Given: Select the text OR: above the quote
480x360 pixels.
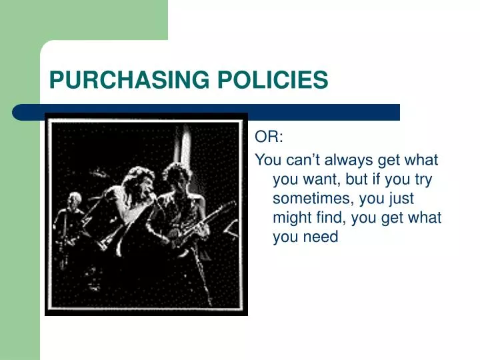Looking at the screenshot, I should pos(269,137).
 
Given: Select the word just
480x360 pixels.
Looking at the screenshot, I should pos(400,199).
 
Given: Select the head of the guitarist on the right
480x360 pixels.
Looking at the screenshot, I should pos(175,175).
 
